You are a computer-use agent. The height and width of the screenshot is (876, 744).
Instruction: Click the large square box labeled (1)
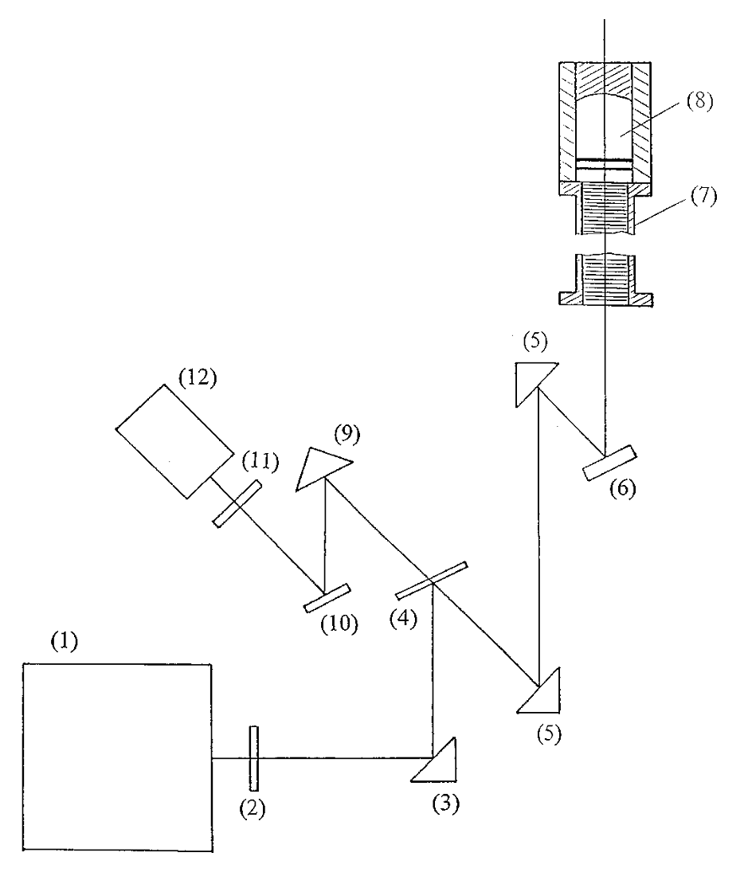117,756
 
